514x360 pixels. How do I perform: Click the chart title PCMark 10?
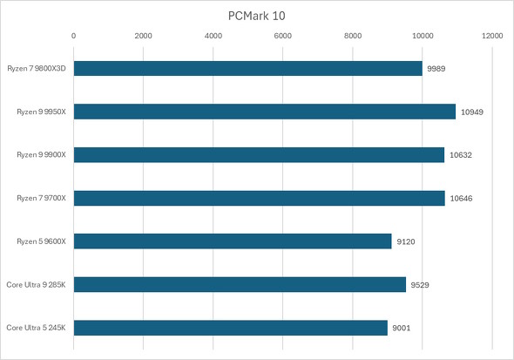(257, 15)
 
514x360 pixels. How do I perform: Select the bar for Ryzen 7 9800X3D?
(247, 68)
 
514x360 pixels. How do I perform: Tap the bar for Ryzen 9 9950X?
(264, 112)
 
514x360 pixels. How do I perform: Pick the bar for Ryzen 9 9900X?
(259, 155)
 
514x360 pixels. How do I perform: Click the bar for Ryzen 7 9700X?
(259, 198)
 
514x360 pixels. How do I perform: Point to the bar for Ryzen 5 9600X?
(233, 241)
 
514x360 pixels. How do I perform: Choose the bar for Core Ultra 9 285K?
(240, 284)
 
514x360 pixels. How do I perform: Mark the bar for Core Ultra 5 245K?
(230, 328)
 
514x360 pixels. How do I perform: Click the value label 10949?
(471, 112)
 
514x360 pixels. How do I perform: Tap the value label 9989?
(436, 68)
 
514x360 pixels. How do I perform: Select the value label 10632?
(460, 155)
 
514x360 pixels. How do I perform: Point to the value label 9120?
(406, 241)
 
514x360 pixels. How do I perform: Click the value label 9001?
(402, 328)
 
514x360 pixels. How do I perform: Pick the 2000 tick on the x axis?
(144, 36)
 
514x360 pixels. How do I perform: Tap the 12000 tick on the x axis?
(492, 36)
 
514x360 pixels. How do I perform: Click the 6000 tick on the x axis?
(283, 36)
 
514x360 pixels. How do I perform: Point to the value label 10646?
(461, 198)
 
